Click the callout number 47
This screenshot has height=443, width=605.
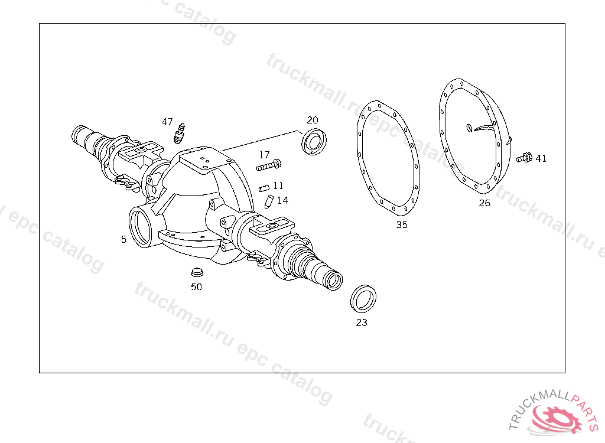[167, 122]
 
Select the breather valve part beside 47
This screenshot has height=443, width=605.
[180, 133]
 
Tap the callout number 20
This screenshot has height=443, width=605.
[313, 120]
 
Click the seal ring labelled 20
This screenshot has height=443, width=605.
[314, 142]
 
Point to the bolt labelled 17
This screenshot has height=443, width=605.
[269, 165]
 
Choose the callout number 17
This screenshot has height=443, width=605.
[264, 155]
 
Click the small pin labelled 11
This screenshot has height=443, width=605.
[264, 188]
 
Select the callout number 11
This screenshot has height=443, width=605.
[278, 186]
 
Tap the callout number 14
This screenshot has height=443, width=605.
[283, 200]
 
